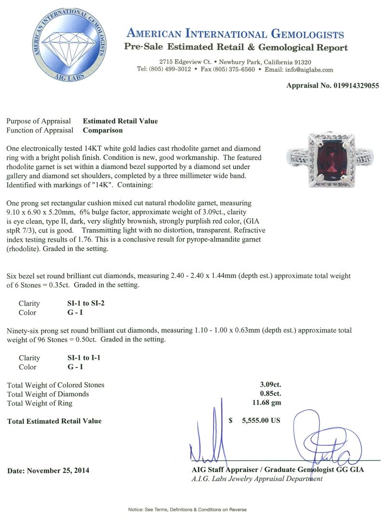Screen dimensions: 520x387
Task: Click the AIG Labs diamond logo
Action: pyautogui.click(x=67, y=47)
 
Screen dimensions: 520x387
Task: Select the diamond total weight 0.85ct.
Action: pyautogui.click(x=270, y=394)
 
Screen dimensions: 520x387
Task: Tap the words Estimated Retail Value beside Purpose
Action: pyautogui.click(x=120, y=121)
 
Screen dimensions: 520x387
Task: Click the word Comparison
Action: pyautogui.click(x=103, y=130)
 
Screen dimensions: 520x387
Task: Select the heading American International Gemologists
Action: pyautogui.click(x=235, y=34)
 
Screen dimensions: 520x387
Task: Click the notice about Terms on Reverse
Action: pyautogui.click(x=193, y=509)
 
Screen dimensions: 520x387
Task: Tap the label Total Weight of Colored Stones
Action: pyautogui.click(x=56, y=385)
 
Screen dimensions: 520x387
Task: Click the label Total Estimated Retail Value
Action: pyautogui.click(x=54, y=421)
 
